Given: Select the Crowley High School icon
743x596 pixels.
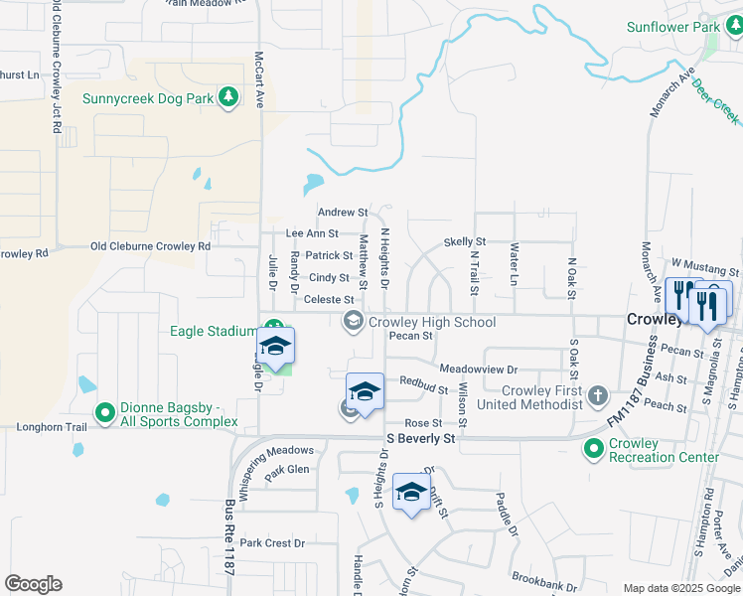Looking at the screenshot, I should (353, 321).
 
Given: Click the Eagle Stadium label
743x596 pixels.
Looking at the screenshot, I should (213, 331).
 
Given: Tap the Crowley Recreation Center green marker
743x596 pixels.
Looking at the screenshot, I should (594, 450).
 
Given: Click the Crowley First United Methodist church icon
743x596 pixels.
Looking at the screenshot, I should (597, 396).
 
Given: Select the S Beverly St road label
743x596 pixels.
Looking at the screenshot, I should (420, 437).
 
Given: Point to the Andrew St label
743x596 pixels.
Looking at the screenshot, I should (342, 213).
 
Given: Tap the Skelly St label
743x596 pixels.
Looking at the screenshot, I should (464, 241).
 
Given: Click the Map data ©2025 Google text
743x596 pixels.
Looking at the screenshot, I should (680, 588).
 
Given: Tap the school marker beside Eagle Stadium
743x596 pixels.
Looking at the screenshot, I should (276, 347).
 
